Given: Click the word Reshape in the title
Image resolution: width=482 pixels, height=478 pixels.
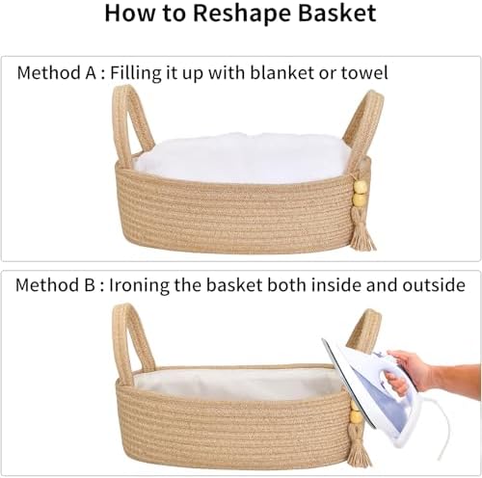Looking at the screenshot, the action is point(242,13).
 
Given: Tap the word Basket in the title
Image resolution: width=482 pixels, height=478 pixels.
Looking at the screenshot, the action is point(337,13).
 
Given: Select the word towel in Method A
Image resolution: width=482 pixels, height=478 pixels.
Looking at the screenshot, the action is point(364,73).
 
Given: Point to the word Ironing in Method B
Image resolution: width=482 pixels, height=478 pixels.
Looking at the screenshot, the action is point(139,285).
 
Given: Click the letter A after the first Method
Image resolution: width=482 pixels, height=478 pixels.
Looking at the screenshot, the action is point(91,72).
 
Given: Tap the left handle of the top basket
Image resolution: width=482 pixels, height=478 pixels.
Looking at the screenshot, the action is point(131,125).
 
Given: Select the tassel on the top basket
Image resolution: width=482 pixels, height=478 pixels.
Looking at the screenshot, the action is point(362,231).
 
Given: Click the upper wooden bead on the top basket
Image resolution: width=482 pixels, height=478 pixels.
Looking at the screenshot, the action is point(360,187).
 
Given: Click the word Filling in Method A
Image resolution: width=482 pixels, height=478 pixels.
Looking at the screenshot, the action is point(136,73).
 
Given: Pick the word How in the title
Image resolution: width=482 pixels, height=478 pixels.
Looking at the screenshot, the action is point(130,13).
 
